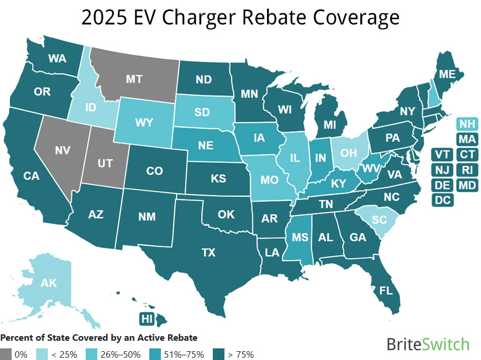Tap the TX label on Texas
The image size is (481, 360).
(209, 252)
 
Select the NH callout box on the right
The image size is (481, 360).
(466, 123)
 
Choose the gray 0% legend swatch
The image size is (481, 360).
(6, 354)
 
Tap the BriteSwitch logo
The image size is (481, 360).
(427, 344)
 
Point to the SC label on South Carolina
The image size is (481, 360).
(380, 219)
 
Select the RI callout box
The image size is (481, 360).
(466, 170)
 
